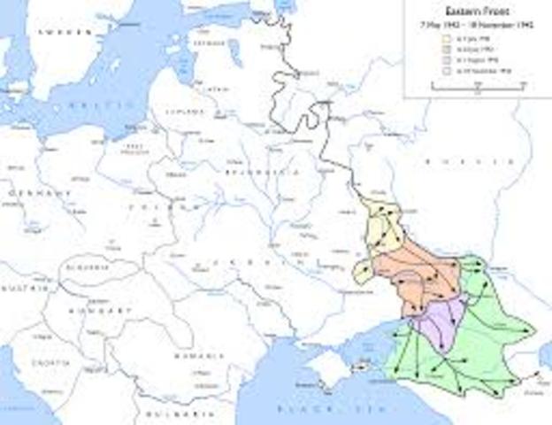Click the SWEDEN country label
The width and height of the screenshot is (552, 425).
tap(65, 32)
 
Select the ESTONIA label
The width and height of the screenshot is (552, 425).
tap(210, 42)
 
